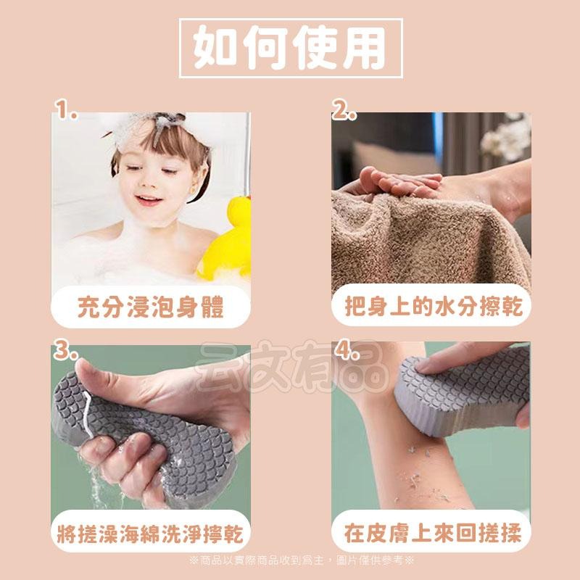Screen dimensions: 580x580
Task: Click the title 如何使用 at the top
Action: (x=289, y=47)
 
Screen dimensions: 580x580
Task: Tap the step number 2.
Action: (x=344, y=112)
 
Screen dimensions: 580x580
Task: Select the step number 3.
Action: (x=66, y=353)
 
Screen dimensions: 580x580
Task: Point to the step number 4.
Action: (x=349, y=353)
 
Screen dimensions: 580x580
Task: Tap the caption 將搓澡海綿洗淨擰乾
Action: (x=150, y=536)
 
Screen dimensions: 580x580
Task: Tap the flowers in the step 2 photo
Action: (x=507, y=138)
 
